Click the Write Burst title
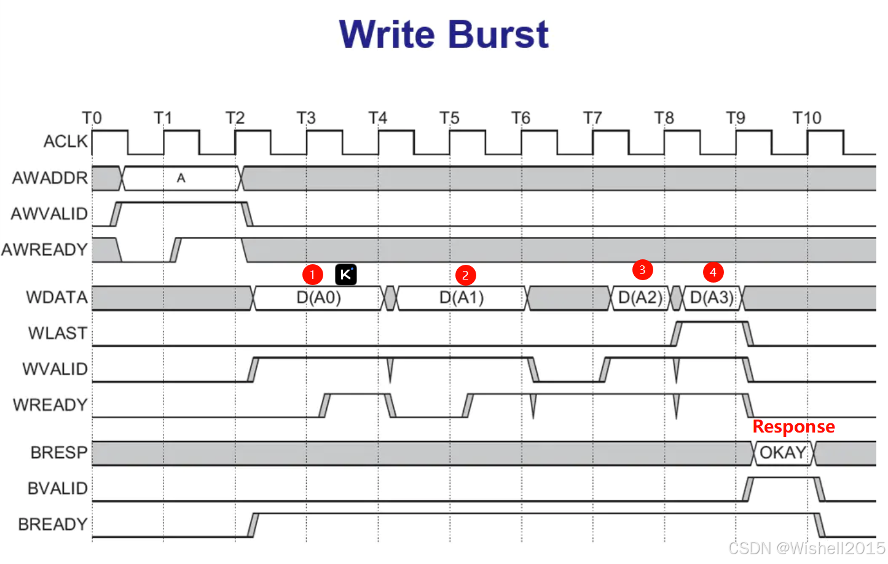444,34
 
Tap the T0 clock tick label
92,117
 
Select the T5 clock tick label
449,117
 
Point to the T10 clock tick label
806,117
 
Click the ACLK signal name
66,141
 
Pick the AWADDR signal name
50,178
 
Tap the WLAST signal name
58,333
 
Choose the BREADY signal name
53,524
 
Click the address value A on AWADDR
181,178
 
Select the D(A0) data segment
318,298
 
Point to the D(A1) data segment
462,298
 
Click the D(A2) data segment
640,298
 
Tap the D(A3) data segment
712,298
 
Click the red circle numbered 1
312,274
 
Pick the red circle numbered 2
465,275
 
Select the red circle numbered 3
642,269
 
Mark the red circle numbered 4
713,272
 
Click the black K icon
346,274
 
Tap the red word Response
793,426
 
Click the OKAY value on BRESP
783,453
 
